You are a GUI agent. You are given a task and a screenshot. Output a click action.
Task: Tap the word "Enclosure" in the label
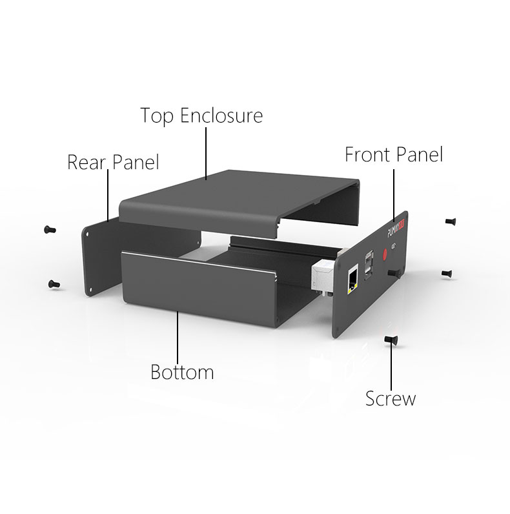[221, 116]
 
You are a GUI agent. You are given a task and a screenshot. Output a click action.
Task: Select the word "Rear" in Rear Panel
[87, 162]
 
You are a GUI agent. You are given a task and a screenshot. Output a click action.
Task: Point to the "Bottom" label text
[181, 373]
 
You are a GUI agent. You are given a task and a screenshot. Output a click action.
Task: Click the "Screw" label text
[391, 398]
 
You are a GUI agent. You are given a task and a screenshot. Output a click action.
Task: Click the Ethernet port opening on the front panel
[352, 280]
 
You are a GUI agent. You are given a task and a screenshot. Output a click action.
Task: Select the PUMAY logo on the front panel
[395, 227]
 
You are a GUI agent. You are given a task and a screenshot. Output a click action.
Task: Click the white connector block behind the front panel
[323, 276]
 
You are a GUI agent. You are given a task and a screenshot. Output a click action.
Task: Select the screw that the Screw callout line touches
[389, 340]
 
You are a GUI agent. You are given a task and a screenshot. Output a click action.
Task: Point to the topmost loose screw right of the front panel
[451, 221]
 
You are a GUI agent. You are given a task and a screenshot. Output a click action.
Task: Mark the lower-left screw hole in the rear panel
[91, 290]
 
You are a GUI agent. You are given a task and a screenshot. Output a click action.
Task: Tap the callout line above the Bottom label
[178, 336]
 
